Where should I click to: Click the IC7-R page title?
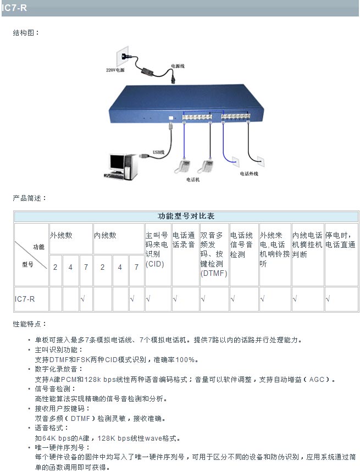pos(14,8)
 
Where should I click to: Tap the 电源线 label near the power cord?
pos(178,66)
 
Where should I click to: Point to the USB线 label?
pos(159,152)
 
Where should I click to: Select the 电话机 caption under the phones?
pos(193,179)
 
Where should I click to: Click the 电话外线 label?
pos(248,174)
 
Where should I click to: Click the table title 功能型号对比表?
pos(186,216)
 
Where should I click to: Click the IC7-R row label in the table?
pos(25,299)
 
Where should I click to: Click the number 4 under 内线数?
pos(120,268)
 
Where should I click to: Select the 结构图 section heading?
pos(26,33)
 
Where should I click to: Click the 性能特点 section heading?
pos(30,324)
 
